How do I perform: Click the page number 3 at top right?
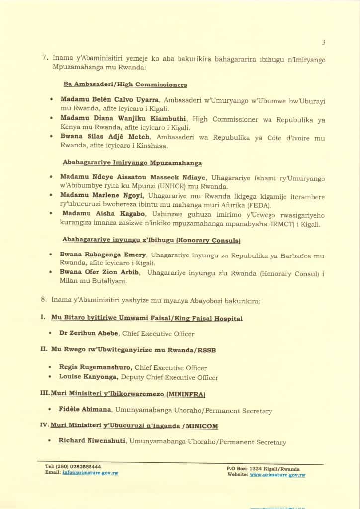324,42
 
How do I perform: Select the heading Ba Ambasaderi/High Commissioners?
125,85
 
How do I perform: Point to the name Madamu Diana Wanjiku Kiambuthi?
116,119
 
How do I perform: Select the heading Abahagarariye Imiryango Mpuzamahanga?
132,162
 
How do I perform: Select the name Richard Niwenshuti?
92,442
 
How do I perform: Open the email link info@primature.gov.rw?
90,473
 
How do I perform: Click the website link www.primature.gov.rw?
277,475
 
